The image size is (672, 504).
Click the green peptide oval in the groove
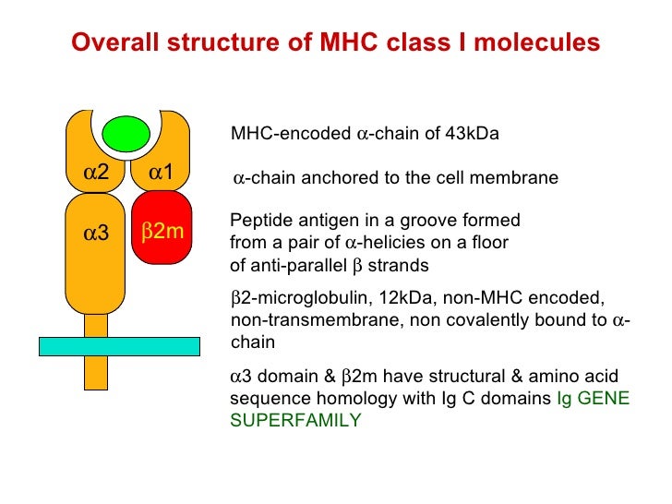pos(127,134)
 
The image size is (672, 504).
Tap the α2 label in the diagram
pos(96,173)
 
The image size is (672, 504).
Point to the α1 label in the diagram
pos(162,173)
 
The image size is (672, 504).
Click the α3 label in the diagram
pos(96,234)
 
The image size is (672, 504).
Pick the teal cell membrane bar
pos(119,346)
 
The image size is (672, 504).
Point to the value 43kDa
pos(470,134)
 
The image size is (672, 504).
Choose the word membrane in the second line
pos(517,178)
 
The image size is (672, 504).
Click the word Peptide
pos(258,222)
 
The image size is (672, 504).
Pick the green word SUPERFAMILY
pos(295,420)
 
